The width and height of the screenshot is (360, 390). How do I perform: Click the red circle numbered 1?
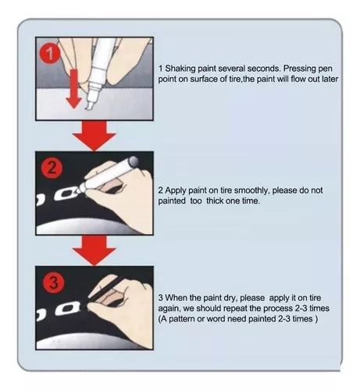tap(49, 54)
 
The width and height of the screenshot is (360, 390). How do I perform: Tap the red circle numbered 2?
tap(52, 168)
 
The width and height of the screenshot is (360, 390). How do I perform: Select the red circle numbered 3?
tap(53, 282)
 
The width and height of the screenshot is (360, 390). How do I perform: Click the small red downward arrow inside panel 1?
tap(74, 89)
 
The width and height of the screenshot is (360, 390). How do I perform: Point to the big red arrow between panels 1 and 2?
tap(94, 136)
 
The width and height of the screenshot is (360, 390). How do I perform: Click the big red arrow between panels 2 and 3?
tap(94, 251)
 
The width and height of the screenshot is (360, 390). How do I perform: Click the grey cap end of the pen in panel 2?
tap(134, 161)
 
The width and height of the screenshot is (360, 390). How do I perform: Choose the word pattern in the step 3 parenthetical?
tap(182, 319)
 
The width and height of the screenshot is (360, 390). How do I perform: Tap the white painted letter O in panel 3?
tap(68, 309)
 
